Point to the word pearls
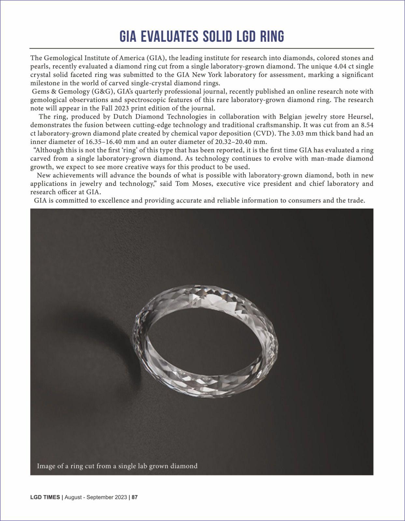pos(40,66)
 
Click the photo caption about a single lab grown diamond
pos(117,466)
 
